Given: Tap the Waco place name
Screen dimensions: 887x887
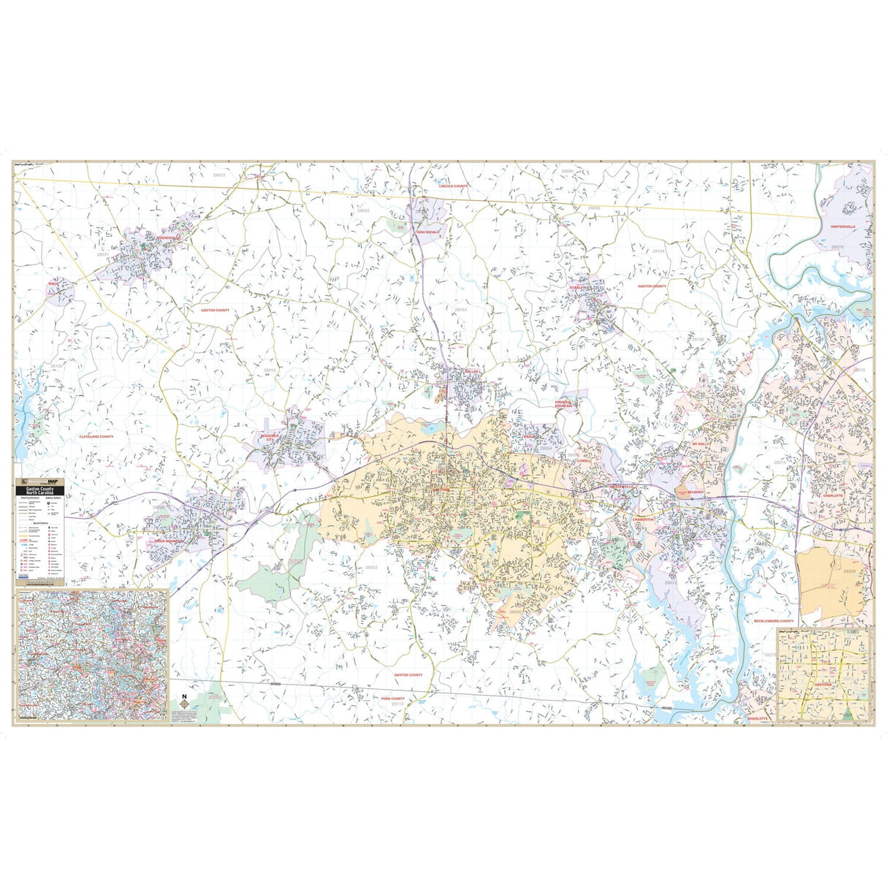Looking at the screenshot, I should click(x=53, y=283).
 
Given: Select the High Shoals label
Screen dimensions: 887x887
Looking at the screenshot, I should click(x=427, y=232).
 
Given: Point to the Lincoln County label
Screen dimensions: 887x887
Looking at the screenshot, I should click(x=453, y=186).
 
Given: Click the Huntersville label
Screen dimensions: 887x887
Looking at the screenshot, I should click(x=846, y=227).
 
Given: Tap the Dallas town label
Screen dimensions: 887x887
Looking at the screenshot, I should click(x=472, y=372).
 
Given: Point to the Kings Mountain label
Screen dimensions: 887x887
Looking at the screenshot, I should click(x=167, y=541).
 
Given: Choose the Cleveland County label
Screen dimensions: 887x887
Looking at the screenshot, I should click(x=96, y=436).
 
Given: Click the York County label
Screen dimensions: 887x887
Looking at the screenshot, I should click(x=392, y=698).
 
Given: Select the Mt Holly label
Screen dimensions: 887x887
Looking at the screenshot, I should click(x=700, y=444).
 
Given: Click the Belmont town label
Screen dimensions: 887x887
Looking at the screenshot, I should click(x=695, y=492).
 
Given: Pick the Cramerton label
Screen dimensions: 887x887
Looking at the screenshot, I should click(x=643, y=519).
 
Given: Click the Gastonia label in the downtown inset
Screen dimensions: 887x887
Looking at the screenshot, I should click(x=823, y=685).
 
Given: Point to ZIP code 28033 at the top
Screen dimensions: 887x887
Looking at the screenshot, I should click(x=219, y=175).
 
